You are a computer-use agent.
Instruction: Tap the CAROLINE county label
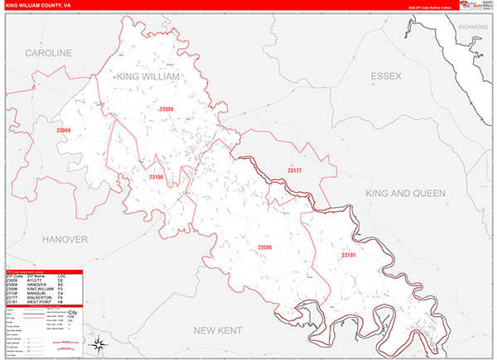click(49, 53)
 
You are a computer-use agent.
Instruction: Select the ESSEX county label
click(385, 76)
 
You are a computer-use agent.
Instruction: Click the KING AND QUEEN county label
click(406, 193)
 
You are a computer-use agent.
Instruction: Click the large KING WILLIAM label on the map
click(149, 77)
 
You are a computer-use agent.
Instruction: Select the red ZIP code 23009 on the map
click(166, 109)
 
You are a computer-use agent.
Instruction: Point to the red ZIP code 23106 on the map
click(157, 177)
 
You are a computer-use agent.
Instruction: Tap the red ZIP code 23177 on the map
click(295, 170)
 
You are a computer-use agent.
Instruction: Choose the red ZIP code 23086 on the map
click(264, 247)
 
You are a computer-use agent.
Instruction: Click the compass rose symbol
click(98, 343)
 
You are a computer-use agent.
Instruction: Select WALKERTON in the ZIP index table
click(41, 297)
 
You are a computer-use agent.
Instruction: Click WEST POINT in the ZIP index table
click(41, 302)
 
